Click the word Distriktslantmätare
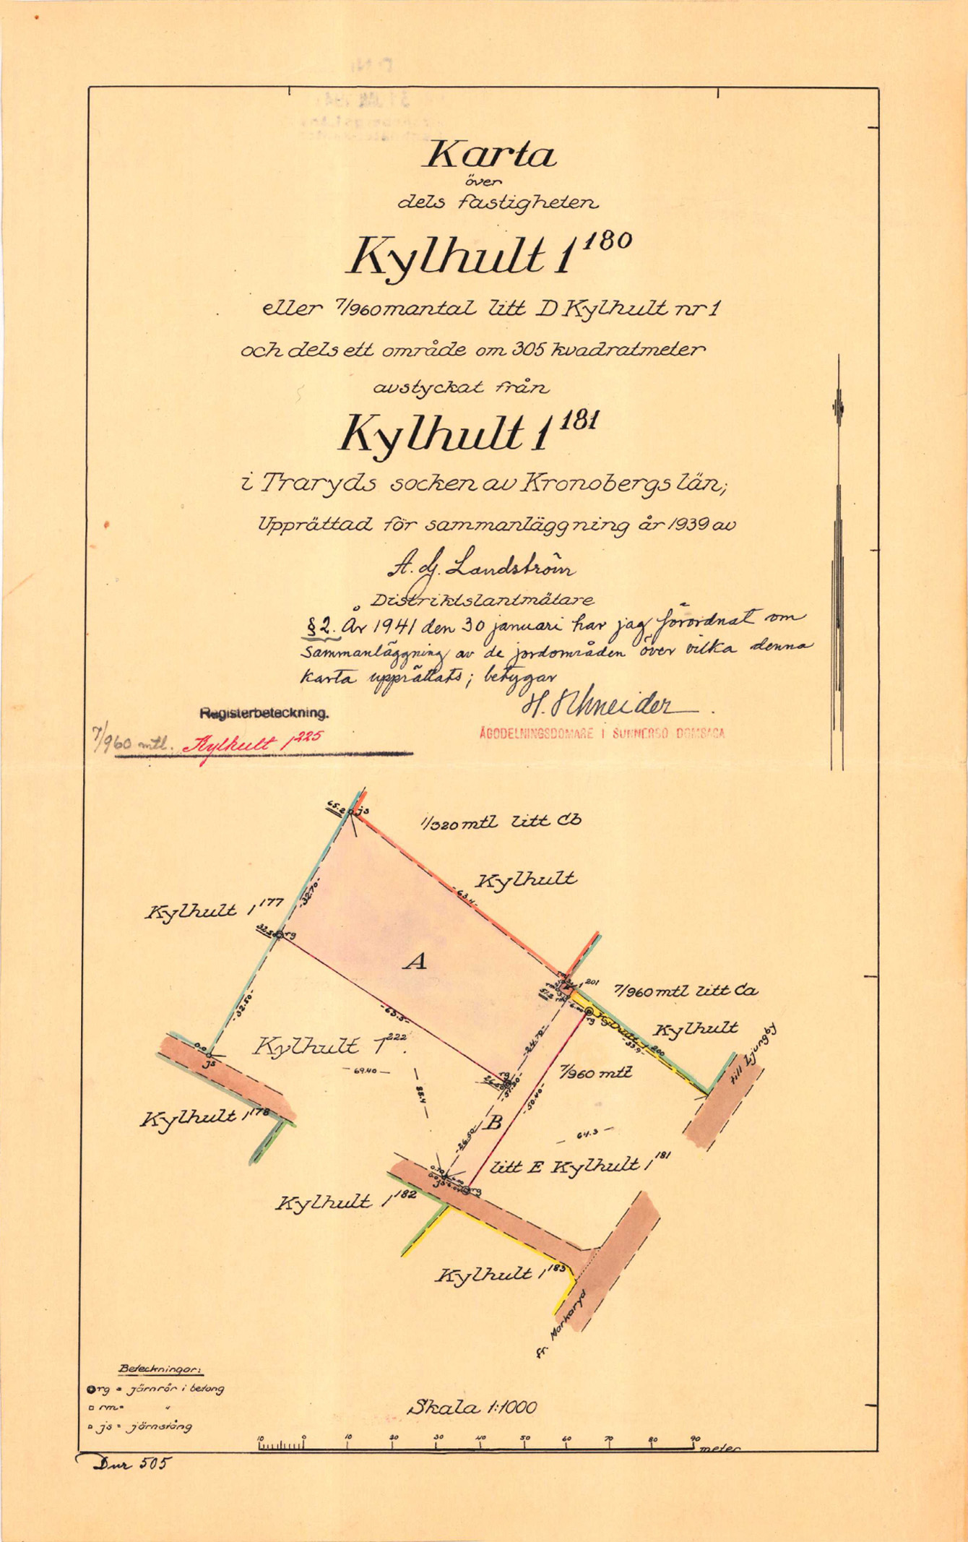(482, 599)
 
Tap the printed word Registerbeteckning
(264, 712)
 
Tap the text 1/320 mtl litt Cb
(501, 822)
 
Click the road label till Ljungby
(751, 1056)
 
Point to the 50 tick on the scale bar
(525, 1438)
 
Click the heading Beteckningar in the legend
(160, 1369)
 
